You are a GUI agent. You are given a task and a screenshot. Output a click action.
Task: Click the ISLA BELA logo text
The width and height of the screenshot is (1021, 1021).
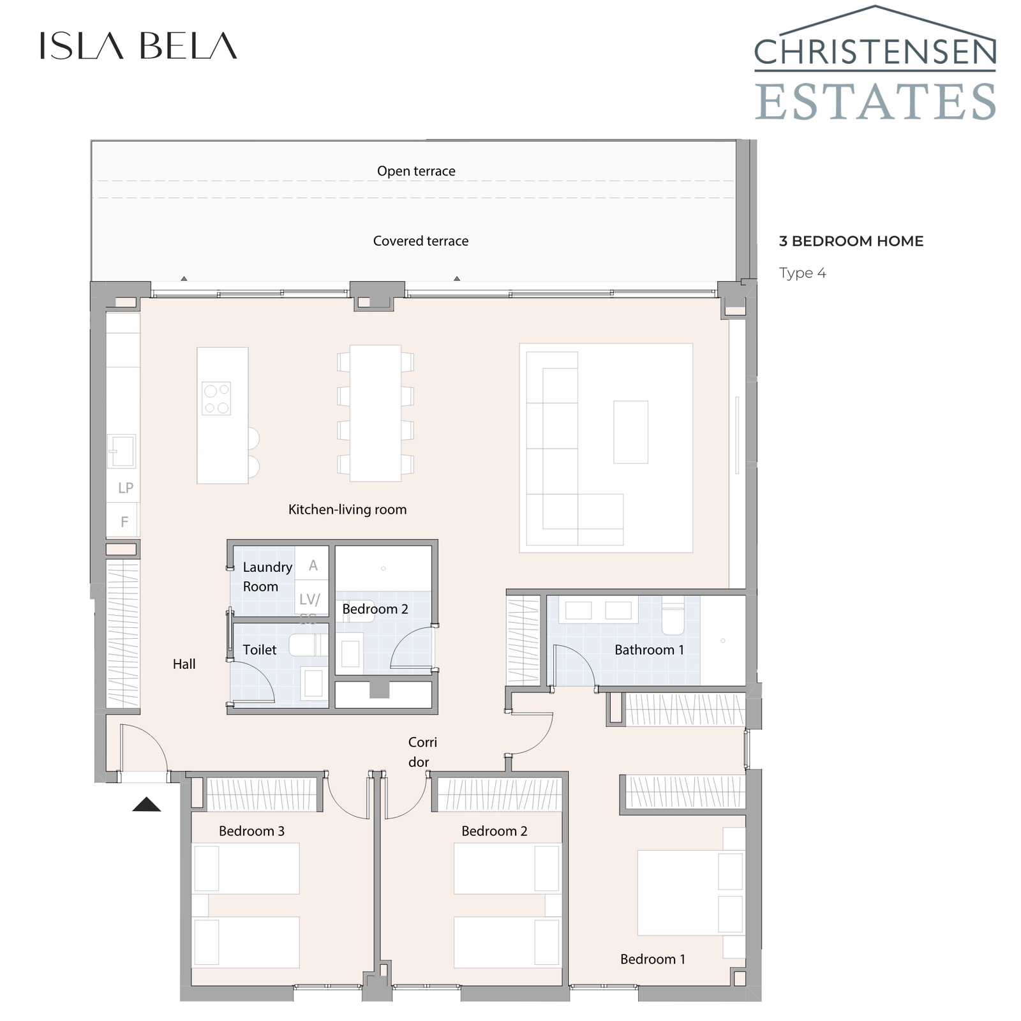[138, 46]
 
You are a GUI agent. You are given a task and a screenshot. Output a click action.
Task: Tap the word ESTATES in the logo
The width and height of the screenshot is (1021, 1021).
[875, 102]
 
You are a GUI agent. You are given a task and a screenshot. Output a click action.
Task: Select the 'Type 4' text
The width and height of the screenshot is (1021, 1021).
[802, 273]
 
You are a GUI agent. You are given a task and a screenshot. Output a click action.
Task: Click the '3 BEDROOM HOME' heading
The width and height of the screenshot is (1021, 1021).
[851, 241]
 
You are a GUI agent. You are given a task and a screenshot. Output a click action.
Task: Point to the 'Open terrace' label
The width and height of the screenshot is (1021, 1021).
[416, 171]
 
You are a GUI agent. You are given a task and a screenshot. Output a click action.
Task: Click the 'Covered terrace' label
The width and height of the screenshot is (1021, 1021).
[421, 241]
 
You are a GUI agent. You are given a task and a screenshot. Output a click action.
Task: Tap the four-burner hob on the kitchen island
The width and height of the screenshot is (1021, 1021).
[216, 398]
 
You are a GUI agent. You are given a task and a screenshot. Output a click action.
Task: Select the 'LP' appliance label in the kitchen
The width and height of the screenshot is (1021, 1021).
[125, 488]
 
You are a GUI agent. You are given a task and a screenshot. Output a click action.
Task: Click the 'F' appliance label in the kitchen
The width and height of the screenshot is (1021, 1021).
[124, 522]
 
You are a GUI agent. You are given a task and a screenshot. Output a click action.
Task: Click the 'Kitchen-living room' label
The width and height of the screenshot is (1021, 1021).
[347, 509]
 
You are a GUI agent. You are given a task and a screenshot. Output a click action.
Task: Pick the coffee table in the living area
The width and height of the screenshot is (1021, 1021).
[630, 432]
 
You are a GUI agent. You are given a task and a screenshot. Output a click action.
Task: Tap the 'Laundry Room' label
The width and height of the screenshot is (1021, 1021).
[267, 576]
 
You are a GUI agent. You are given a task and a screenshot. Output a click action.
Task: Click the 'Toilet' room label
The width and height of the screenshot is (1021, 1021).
[260, 650]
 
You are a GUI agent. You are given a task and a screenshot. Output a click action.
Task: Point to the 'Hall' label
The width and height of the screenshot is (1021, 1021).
[184, 664]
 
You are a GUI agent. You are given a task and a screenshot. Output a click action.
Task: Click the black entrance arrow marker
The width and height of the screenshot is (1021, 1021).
[147, 805]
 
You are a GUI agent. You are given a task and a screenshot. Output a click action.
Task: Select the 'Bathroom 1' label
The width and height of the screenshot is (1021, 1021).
[649, 650]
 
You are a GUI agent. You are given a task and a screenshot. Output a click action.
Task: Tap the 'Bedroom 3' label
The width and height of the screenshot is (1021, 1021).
[251, 831]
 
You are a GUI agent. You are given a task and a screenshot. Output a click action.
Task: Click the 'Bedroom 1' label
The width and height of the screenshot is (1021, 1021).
[652, 959]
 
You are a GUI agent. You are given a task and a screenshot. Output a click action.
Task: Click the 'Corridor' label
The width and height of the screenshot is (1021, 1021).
[422, 752]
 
